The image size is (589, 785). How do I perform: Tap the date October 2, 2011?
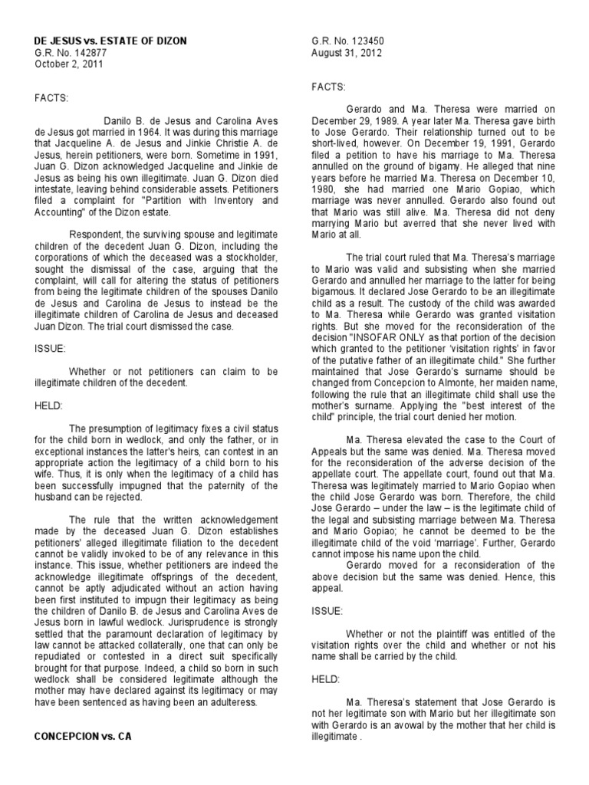coord(67,64)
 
